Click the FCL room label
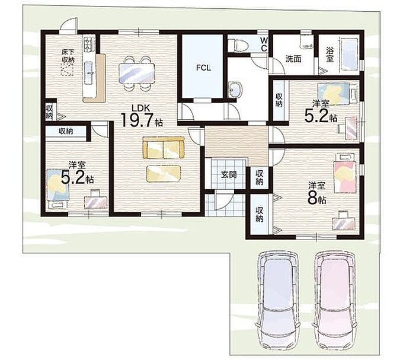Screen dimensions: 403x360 point(203,68)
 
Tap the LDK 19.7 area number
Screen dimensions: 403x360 point(137,120)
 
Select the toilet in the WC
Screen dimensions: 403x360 point(238,44)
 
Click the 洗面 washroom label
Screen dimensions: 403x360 point(293,59)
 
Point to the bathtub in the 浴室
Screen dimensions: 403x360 point(349,54)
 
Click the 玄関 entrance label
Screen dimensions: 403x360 point(229,175)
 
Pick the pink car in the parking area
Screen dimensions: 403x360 point(334,301)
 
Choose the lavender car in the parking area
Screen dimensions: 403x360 point(277,301)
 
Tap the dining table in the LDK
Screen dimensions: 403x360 point(137,74)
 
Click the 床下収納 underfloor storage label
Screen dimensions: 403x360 point(68,56)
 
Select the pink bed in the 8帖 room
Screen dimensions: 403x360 point(346,174)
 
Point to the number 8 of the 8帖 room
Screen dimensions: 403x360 point(313,197)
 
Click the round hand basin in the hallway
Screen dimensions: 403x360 point(235,90)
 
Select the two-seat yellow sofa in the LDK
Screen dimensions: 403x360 point(164,148)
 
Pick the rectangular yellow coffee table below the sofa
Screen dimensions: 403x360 point(164,174)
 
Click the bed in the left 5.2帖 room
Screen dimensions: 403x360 point(58,188)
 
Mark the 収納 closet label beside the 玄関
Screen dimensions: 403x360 point(260,177)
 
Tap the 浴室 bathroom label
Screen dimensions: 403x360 point(330,54)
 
